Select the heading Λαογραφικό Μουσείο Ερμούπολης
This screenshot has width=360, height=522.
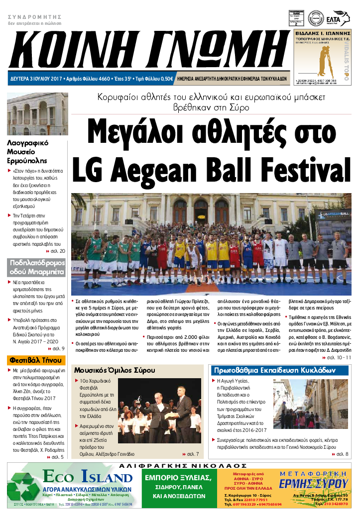pyautogui.click(x=28, y=152)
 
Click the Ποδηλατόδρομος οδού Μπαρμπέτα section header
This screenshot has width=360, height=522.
pyautogui.click(x=36, y=267)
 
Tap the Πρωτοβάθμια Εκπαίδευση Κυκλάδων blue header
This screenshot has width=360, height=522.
pyautogui.click(x=274, y=371)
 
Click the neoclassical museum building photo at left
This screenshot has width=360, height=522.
pyautogui.click(x=37, y=114)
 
